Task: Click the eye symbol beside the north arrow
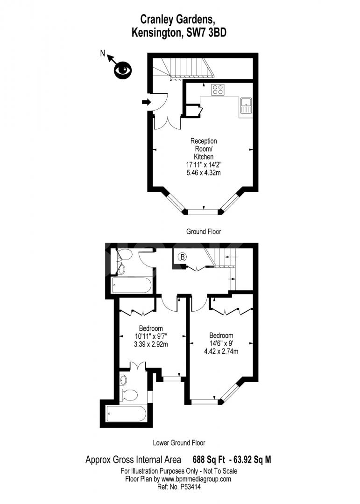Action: (123, 70)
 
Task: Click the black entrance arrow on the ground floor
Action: (146, 102)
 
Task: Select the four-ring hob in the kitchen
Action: (218, 89)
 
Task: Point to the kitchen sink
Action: (246, 106)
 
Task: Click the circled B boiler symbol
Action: (183, 256)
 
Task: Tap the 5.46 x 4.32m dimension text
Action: (204, 172)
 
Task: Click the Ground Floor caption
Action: (204, 231)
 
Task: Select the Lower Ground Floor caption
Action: (179, 442)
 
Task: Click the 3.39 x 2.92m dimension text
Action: (150, 344)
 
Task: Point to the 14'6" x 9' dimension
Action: (221, 343)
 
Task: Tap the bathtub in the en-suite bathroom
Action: (127, 413)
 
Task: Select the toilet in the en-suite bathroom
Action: (127, 395)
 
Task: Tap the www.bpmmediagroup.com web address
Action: (197, 479)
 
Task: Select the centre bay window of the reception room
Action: (203, 211)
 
